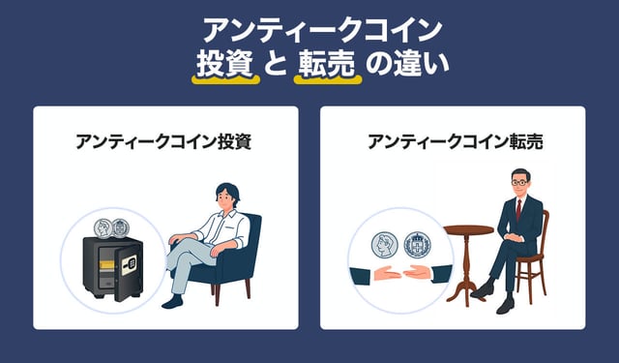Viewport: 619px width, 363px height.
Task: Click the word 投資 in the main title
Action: pos(225,64)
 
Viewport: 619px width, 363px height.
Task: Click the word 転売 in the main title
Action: pos(327,64)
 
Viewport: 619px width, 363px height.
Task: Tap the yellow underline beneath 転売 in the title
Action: pos(328,79)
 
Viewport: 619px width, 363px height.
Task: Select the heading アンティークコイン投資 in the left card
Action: pos(163,141)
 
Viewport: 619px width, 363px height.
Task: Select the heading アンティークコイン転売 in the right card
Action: pos(456,141)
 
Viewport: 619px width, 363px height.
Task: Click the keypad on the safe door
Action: pos(129,265)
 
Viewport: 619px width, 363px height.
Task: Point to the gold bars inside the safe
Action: pos(106,265)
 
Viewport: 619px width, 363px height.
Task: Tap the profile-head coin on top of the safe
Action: pos(103,228)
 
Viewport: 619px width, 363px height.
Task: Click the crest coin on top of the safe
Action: pos(120,227)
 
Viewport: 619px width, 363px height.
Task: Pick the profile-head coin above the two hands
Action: pos(385,245)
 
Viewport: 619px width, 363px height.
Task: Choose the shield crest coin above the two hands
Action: pos(417,245)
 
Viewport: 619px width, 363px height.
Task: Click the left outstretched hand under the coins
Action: pos(387,273)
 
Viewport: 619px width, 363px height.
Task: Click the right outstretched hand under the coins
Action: pos(417,273)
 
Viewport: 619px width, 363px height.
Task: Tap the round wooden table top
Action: pos(468,229)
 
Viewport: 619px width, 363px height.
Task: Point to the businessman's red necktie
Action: pos(518,210)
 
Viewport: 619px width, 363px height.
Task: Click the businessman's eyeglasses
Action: pos(519,183)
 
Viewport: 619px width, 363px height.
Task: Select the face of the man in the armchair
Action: pos(225,197)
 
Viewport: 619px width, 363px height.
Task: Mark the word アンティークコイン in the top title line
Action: pos(322,31)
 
